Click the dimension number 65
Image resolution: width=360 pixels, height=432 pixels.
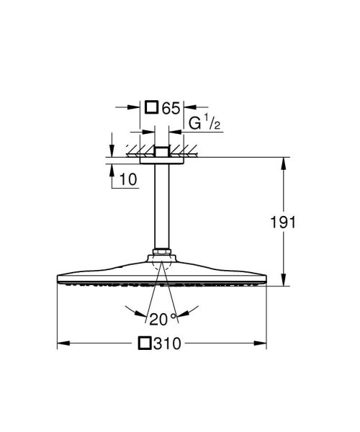click(170, 109)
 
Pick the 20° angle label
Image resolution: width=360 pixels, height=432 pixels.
click(161, 319)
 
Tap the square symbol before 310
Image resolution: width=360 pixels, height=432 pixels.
click(146, 344)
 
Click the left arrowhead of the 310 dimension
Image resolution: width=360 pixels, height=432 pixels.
click(60, 343)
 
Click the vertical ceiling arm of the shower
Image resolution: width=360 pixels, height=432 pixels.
click(161, 209)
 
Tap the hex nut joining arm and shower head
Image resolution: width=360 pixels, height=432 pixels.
click(161, 254)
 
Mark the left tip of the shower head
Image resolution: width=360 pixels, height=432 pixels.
click(57, 279)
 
